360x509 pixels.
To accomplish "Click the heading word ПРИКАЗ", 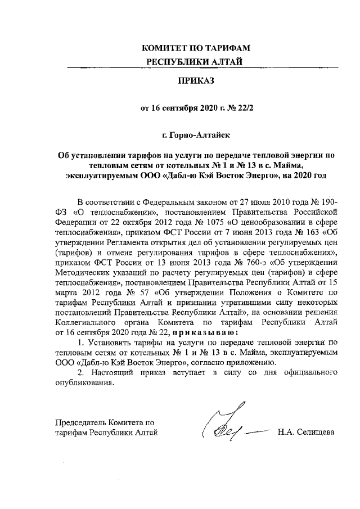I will pos(196,81).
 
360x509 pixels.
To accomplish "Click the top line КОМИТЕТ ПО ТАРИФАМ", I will pos(195,48).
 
